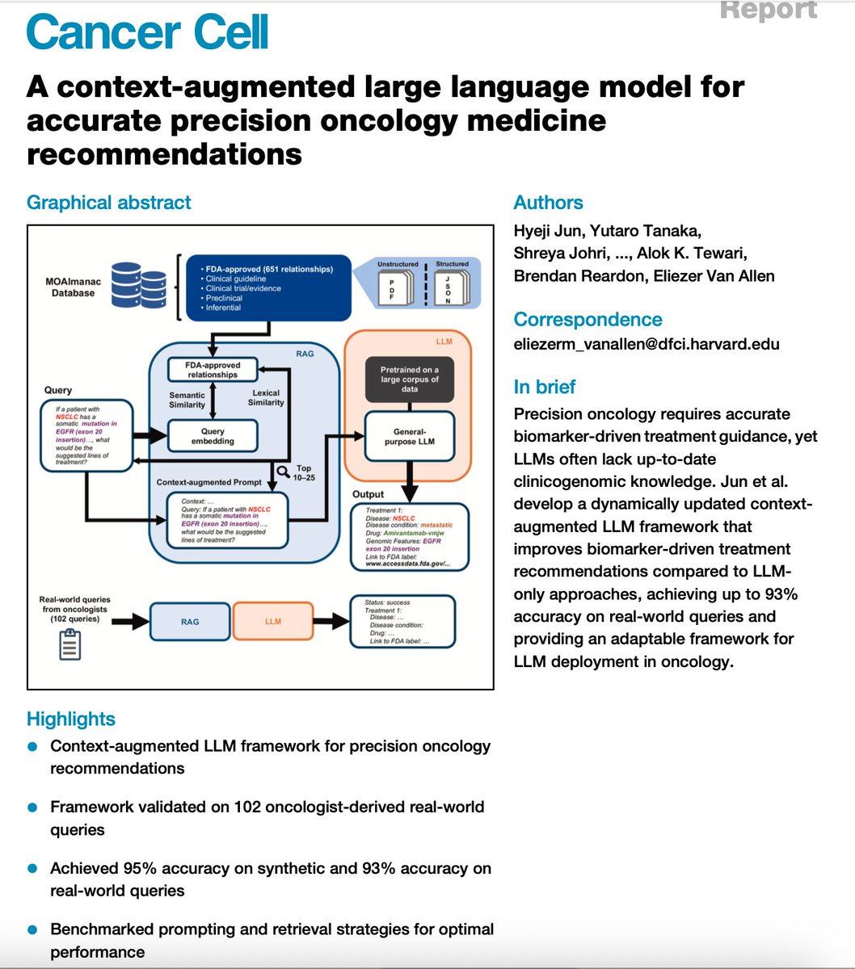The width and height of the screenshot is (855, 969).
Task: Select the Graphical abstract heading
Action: (x=109, y=202)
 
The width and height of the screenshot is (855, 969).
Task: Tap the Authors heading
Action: (x=548, y=203)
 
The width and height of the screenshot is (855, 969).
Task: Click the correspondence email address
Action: (x=647, y=343)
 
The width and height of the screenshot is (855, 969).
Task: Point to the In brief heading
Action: (x=545, y=387)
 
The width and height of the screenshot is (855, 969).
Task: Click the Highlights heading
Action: (x=71, y=719)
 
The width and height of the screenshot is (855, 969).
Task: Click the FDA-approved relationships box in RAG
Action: (x=213, y=370)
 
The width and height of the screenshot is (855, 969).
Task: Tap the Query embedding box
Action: (x=213, y=436)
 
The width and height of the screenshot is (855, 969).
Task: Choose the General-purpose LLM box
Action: (x=409, y=437)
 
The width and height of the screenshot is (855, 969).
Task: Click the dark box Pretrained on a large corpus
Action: (x=409, y=379)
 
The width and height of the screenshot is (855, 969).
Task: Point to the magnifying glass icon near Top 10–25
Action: (x=283, y=472)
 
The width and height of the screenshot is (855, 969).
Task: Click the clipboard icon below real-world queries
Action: (x=69, y=644)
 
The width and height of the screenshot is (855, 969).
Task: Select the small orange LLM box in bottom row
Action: (x=273, y=622)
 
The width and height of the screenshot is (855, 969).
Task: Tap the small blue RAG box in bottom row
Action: (x=190, y=622)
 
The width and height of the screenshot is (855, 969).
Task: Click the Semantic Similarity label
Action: (x=187, y=400)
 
